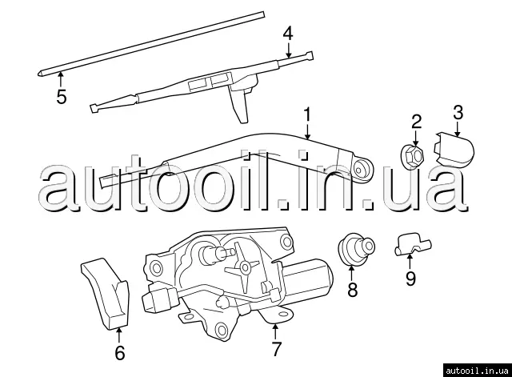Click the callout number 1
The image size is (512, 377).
(x=306, y=116)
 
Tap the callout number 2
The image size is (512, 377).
(x=416, y=121)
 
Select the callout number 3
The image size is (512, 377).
(x=458, y=110)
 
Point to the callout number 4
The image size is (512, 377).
(x=288, y=34)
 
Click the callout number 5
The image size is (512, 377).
(x=61, y=97)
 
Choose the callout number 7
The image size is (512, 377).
(x=277, y=348)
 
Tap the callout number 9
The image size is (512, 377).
(x=410, y=279)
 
